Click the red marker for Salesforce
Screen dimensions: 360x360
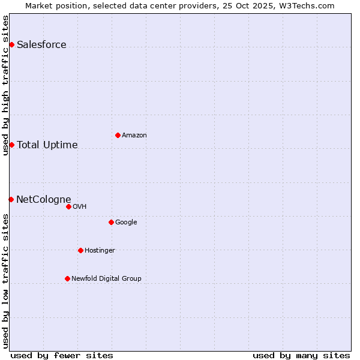click(x=11, y=45)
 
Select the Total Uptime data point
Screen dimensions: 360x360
click(x=11, y=145)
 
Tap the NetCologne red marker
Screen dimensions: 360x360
click(x=11, y=199)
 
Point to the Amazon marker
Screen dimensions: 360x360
click(x=118, y=135)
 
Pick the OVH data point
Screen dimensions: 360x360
click(x=68, y=206)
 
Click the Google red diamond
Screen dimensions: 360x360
click(x=111, y=222)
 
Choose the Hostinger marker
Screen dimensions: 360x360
click(x=80, y=250)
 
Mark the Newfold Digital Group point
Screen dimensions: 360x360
click(x=67, y=278)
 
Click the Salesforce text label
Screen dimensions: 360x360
click(x=41, y=45)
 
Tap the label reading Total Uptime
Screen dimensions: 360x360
click(x=47, y=145)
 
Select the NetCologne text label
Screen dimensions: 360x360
click(x=43, y=199)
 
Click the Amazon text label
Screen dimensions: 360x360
click(x=134, y=135)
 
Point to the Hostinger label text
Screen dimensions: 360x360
click(x=100, y=250)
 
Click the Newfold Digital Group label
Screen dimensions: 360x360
click(x=106, y=278)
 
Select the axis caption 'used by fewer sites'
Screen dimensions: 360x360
click(x=62, y=355)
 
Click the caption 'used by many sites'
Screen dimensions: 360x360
click(x=301, y=355)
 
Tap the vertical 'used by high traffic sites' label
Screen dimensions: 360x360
click(x=5, y=85)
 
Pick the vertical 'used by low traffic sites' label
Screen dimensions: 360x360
click(x=5, y=281)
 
